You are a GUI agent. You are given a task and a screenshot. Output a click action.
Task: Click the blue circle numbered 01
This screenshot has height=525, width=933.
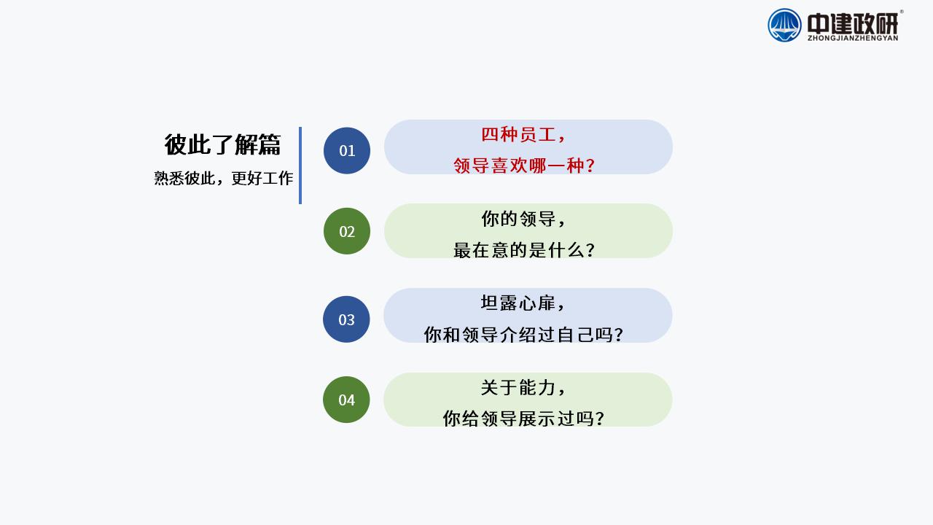pos(346,150)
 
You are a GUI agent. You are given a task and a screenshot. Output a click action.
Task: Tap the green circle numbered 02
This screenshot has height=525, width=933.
pos(346,231)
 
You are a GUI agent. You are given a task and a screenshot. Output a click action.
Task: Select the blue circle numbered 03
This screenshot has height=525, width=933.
pos(346,319)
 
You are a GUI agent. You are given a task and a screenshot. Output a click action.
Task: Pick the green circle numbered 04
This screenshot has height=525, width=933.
pos(346,400)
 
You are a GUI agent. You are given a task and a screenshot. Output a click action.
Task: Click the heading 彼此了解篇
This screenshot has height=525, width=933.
pos(222,144)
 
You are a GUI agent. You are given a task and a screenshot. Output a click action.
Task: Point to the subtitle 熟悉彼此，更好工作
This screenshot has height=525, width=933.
pos(224,179)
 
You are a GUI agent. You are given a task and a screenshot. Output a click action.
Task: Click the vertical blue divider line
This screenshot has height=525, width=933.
pos(300,166)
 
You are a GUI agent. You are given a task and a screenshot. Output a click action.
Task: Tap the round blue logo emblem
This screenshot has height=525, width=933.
pos(784,26)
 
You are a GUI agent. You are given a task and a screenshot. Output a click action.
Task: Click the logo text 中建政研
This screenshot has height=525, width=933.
pos(853,24)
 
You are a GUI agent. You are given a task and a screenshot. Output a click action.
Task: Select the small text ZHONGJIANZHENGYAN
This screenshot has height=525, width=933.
pos(853,39)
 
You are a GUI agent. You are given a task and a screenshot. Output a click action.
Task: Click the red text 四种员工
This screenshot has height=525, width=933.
pos(518,135)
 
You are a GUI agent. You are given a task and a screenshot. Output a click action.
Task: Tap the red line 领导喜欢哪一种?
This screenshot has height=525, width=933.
pos(524,166)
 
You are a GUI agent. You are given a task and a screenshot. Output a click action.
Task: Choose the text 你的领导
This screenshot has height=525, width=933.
pos(518,219)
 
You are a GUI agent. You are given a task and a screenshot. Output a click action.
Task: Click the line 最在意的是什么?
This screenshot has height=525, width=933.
pos(524,250)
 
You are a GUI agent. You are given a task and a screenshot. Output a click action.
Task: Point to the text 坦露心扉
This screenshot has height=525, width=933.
pos(518,303)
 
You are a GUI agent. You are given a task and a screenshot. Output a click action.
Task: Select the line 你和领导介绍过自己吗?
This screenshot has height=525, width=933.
pos(523,335)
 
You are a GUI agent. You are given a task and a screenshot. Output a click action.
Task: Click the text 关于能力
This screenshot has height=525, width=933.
pos(518,387)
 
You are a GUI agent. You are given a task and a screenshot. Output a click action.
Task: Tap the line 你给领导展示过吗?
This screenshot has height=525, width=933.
pos(523,419)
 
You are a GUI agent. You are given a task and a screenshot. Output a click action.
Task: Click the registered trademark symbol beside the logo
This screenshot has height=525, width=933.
pos(902,12)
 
